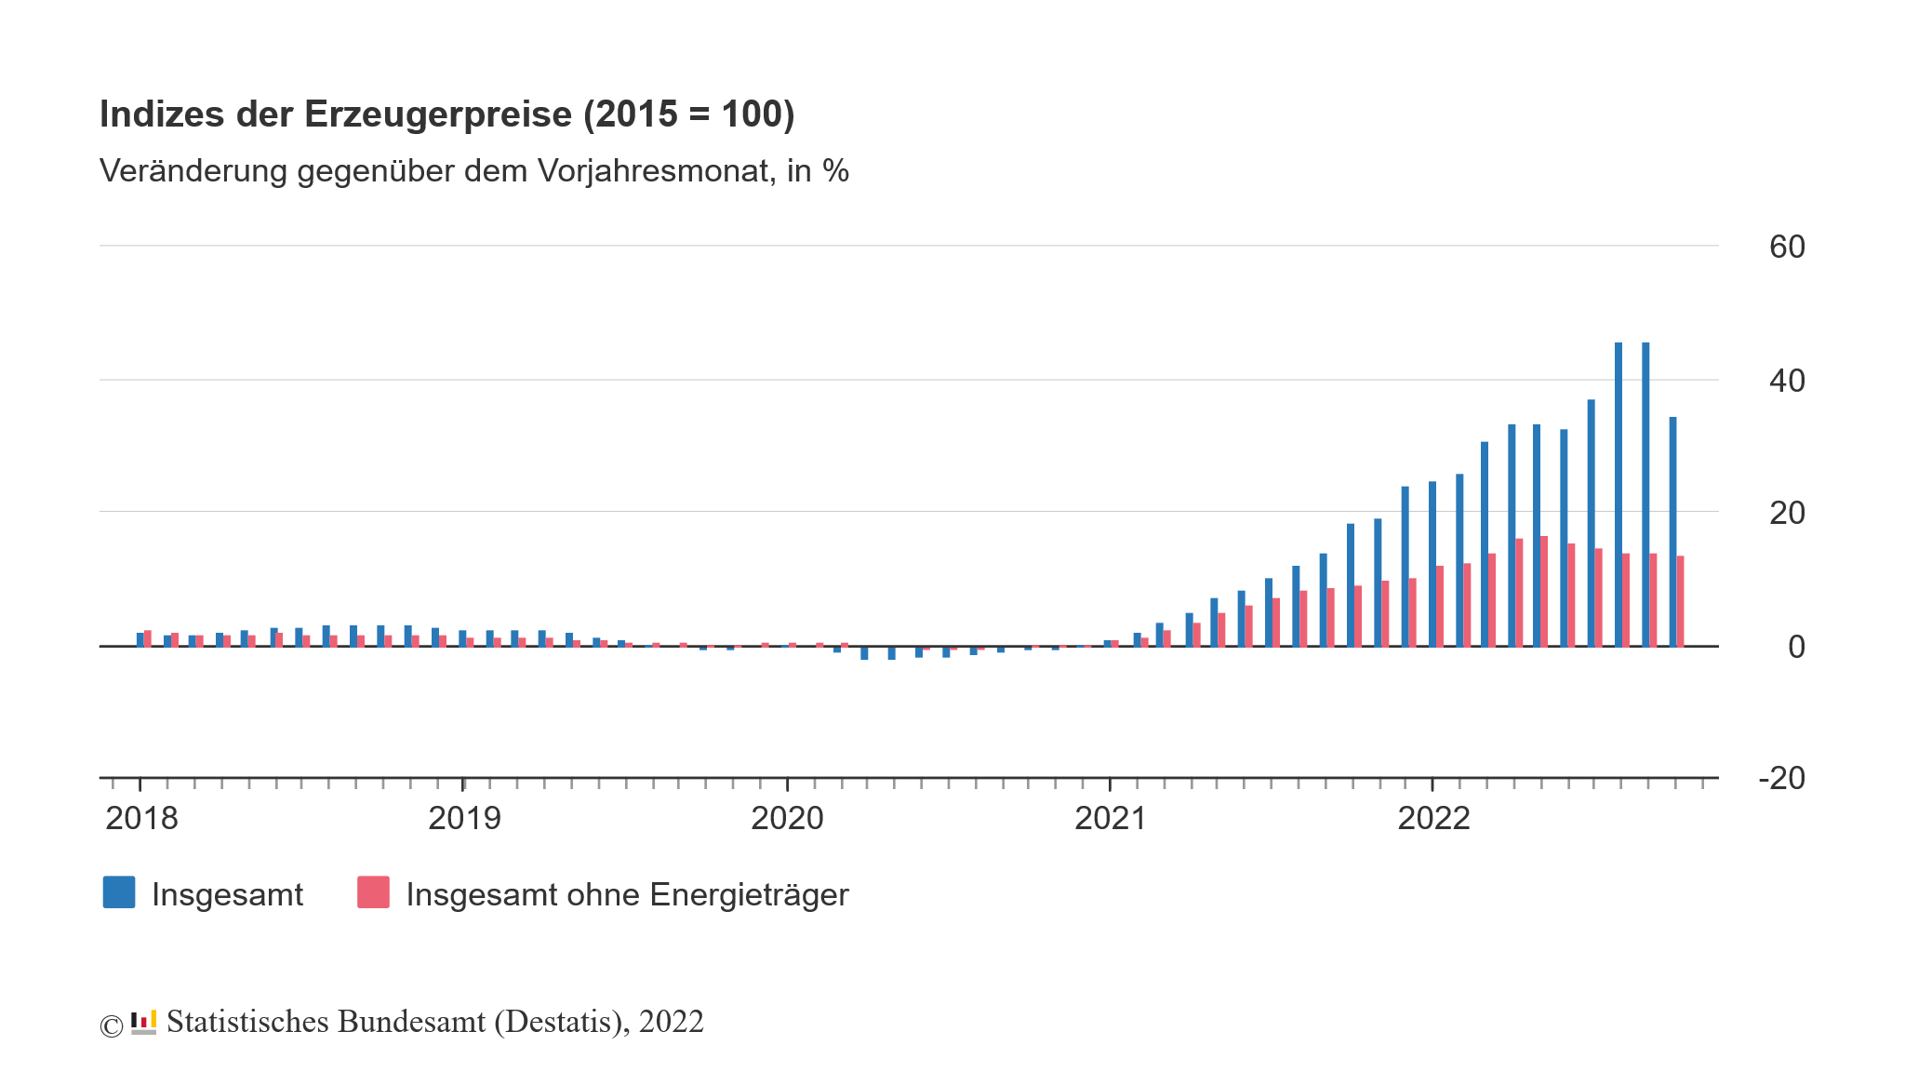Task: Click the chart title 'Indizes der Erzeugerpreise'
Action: [x=446, y=114]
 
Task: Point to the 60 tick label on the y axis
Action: [x=1786, y=247]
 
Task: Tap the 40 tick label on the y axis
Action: [x=1786, y=381]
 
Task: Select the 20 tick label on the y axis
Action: [x=1786, y=513]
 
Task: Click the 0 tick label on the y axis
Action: [x=1796, y=647]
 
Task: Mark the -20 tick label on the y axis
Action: [x=1781, y=778]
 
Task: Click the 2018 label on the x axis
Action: [x=141, y=819]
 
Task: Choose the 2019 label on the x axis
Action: [x=464, y=819]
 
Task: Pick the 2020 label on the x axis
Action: [x=787, y=819]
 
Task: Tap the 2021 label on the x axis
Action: [x=1110, y=819]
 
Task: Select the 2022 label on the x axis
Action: [x=1433, y=819]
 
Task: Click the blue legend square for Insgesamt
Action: [x=119, y=892]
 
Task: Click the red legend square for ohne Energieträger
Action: [x=373, y=892]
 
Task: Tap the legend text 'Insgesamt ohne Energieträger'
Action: [x=627, y=894]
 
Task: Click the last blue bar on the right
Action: [x=1672, y=530]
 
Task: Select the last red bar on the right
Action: [x=1680, y=600]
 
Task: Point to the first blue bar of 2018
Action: [x=140, y=638]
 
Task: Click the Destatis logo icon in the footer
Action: [x=143, y=1022]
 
